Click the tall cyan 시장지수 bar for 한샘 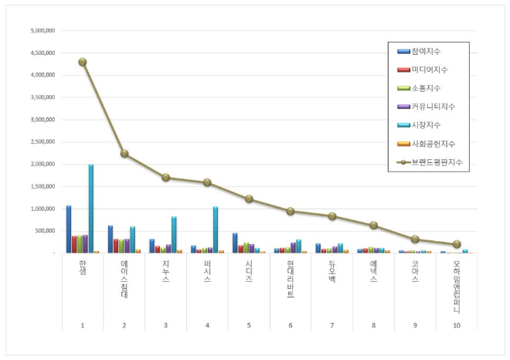(x=91, y=209)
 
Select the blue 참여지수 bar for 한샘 (x=69, y=229)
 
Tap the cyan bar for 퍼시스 (x=216, y=229)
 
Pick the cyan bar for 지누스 (x=174, y=235)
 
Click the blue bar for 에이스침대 (x=110, y=239)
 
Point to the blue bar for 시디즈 (x=235, y=243)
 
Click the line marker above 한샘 (x=83, y=62)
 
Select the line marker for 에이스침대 (x=124, y=154)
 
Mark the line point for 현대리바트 (x=291, y=211)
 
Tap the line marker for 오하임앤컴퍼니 (x=457, y=244)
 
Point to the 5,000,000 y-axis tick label (x=42, y=32)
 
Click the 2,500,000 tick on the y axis (x=42, y=142)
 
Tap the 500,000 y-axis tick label (x=45, y=231)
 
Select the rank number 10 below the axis (x=457, y=325)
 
